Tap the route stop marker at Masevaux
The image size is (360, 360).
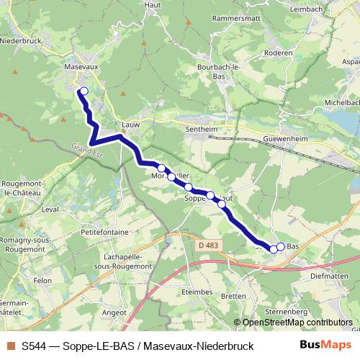(84, 91)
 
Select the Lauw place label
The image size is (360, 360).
(130, 124)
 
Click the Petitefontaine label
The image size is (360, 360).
(104, 233)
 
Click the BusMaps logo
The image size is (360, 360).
(325, 346)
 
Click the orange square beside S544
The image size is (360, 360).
(10, 346)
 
